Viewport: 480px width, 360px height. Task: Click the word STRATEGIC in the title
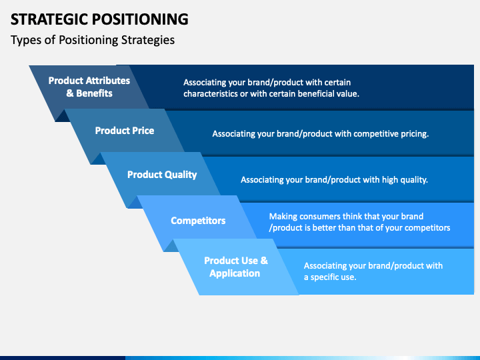coord(49,19)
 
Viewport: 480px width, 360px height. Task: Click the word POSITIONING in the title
coord(140,19)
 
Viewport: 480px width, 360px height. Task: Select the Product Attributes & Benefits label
coord(89,87)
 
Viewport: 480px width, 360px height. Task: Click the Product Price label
coord(125,131)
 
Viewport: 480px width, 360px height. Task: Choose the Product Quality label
coord(162,175)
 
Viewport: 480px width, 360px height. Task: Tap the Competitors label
coord(198,221)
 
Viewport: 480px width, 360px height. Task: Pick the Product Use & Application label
coord(236,267)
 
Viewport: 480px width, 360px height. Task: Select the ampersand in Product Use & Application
coord(264,261)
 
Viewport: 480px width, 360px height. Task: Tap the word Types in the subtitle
coord(22,41)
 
